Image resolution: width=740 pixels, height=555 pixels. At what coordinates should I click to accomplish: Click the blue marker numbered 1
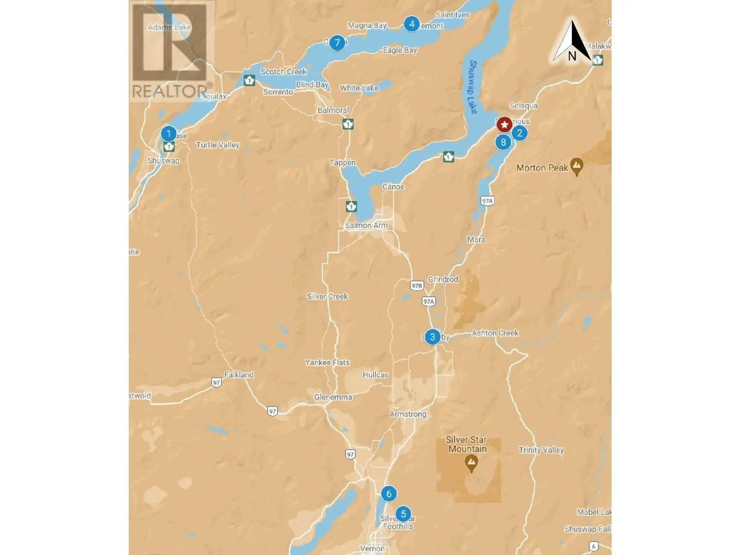tap(168, 134)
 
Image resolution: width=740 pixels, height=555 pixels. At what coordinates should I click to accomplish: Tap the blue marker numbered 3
tap(432, 337)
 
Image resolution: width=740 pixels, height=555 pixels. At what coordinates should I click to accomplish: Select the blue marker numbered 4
tap(412, 24)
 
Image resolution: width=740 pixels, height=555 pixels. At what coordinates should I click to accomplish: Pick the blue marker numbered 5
tap(403, 514)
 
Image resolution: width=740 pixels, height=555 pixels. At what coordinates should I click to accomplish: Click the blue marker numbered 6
tap(388, 494)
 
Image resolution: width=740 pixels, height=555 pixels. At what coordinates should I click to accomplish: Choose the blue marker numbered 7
tap(337, 43)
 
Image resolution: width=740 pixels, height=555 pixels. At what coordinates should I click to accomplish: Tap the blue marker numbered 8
tap(503, 142)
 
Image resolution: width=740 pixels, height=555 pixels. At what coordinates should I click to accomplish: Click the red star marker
tap(504, 124)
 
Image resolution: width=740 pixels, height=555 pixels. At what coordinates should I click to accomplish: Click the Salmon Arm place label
tap(366, 225)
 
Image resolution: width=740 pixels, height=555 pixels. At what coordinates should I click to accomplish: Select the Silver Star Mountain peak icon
tap(471, 463)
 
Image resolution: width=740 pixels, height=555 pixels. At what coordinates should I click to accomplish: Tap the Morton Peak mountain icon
tap(577, 166)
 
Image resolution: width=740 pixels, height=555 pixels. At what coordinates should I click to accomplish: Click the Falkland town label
tap(239, 375)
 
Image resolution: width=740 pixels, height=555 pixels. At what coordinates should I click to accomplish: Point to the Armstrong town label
tap(408, 414)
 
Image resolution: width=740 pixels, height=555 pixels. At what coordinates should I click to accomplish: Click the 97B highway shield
tap(417, 286)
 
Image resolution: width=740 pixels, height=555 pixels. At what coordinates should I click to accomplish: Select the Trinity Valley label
tap(541, 450)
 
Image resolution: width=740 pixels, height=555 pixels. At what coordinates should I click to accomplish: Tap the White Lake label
tap(359, 88)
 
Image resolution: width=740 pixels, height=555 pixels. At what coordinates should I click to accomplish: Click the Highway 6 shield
tap(594, 546)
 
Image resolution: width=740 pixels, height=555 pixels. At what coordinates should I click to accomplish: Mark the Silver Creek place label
tap(327, 296)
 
